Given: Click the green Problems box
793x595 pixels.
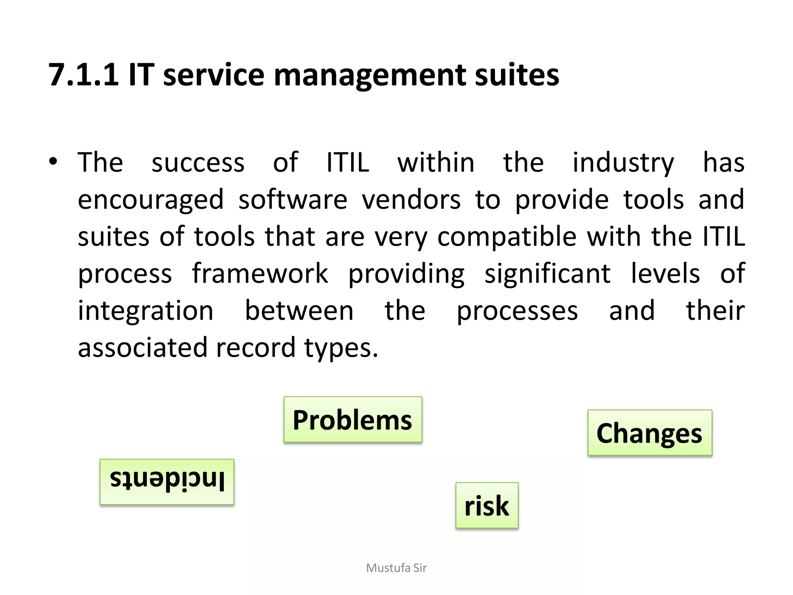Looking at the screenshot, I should pyautogui.click(x=353, y=420).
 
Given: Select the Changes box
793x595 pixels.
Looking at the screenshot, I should pyautogui.click(x=650, y=433).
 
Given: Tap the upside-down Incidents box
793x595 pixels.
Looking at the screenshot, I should pyautogui.click(x=167, y=482).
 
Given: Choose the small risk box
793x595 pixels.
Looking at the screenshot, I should pyautogui.click(x=487, y=505).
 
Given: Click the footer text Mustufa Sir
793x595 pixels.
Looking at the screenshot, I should pyautogui.click(x=396, y=568).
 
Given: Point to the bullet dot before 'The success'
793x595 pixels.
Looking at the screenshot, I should pyautogui.click(x=53, y=162).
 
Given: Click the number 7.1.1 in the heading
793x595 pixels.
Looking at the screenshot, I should pyautogui.click(x=83, y=75).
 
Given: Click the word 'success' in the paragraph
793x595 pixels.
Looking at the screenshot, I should pyautogui.click(x=198, y=163).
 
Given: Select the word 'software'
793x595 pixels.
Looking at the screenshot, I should pyautogui.click(x=293, y=199).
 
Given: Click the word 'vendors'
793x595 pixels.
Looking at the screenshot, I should pyautogui.click(x=411, y=199).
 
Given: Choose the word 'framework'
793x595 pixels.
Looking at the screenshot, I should pyautogui.click(x=260, y=273).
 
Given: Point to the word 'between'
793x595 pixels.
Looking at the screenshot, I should pyautogui.click(x=299, y=311).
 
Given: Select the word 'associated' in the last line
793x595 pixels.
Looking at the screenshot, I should pyautogui.click(x=142, y=347).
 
